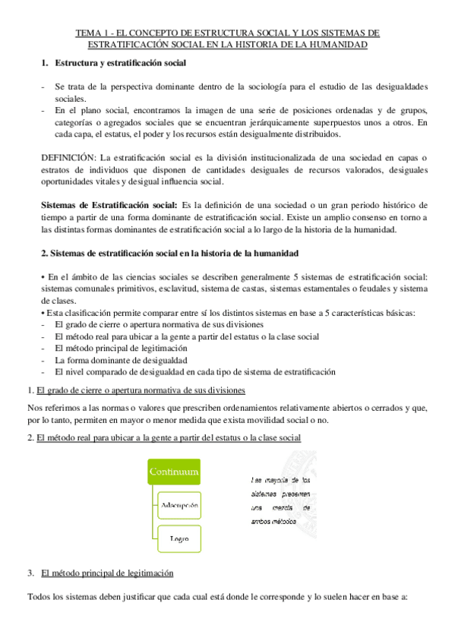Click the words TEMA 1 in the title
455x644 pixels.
[x=92, y=33]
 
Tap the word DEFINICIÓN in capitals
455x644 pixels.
[x=68, y=156]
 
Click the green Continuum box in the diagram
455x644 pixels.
[x=175, y=472]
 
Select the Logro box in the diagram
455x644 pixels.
[x=179, y=538]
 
